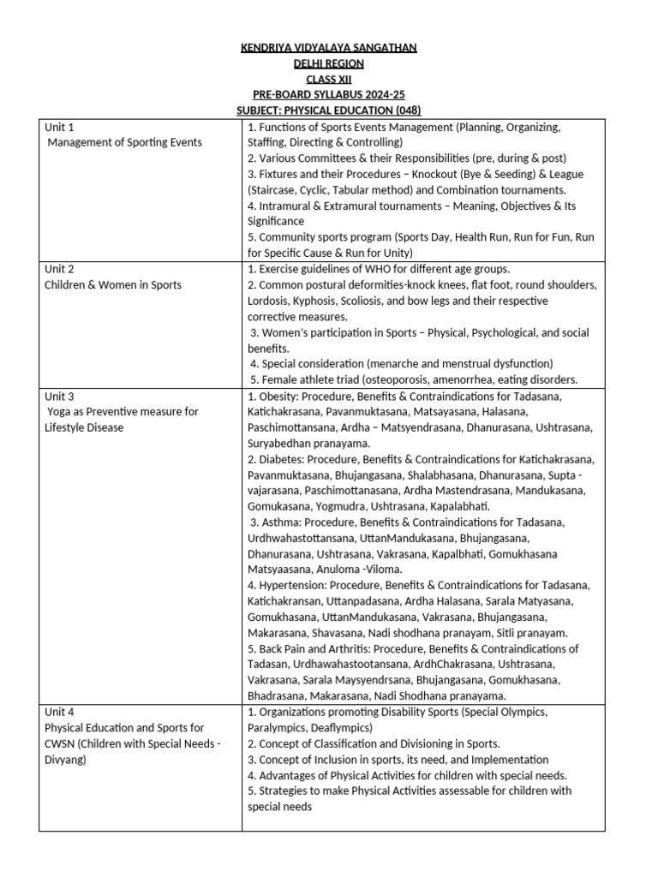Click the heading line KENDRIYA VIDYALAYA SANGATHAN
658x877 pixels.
[x=329, y=47]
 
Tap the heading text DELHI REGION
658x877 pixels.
[x=329, y=63]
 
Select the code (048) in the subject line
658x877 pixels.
[x=405, y=110]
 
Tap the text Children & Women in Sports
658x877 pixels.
[x=112, y=284]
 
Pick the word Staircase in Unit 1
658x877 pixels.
[x=275, y=189]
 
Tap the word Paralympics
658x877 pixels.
[x=278, y=727]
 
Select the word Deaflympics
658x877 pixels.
[x=343, y=727]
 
